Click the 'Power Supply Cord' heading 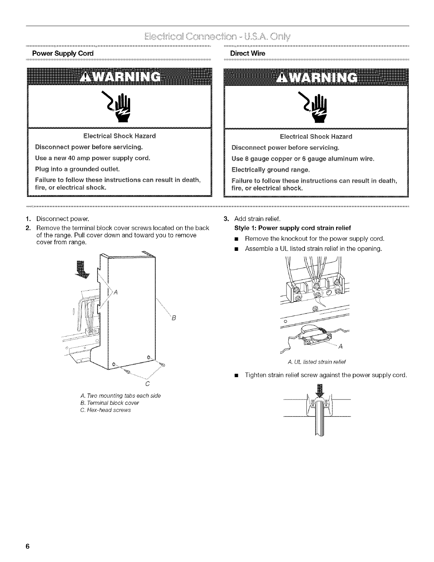[x=62, y=54]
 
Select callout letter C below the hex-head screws [x=146, y=384]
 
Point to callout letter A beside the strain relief [x=340, y=347]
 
